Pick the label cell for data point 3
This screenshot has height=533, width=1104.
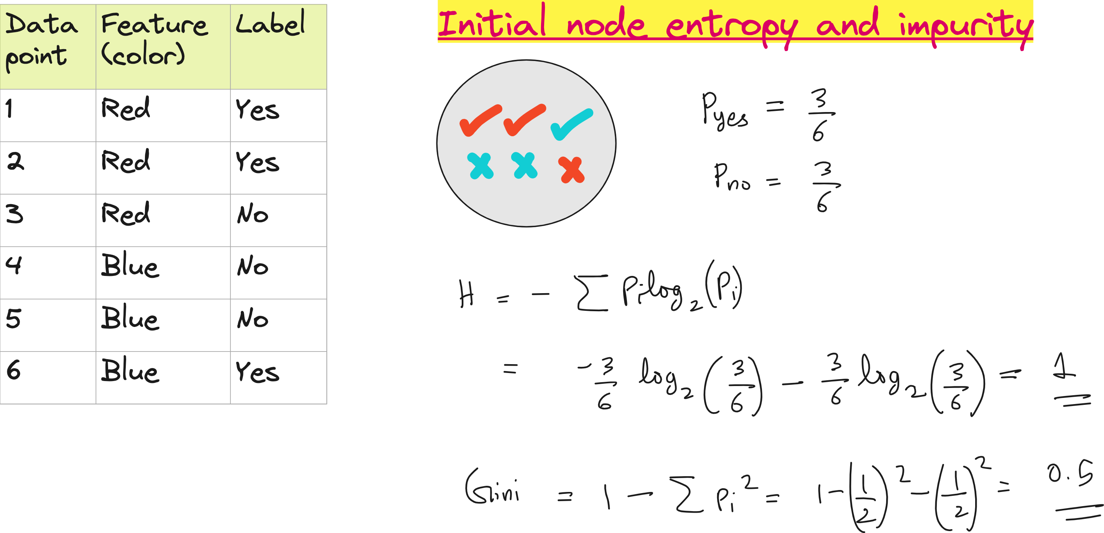(253, 214)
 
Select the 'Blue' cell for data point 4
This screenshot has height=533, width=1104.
(130, 266)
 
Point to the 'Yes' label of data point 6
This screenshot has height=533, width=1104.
(257, 371)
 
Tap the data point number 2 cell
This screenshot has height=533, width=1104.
(15, 162)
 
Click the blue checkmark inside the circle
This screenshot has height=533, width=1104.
(572, 124)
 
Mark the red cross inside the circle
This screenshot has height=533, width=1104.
(571, 170)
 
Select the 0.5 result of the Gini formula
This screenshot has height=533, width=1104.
(1070, 474)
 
